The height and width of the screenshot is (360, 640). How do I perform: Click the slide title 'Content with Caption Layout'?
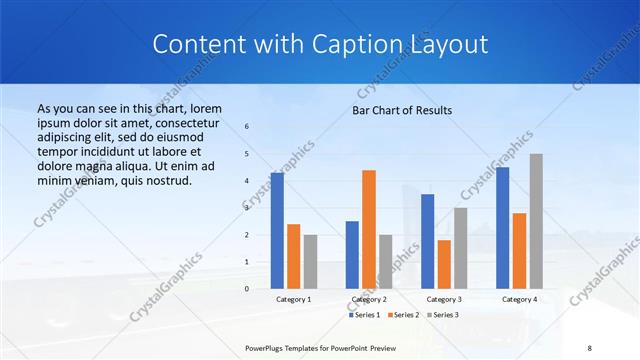[x=320, y=45]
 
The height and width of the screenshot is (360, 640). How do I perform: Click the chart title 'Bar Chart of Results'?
[x=402, y=110]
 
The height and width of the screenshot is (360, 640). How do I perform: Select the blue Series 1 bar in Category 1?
[x=277, y=231]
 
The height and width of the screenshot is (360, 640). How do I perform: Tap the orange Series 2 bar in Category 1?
[x=293, y=256]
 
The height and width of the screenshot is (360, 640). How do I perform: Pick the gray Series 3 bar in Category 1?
[x=310, y=262]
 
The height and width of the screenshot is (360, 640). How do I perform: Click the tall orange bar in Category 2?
[x=369, y=229]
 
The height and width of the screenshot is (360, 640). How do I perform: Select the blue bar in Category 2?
[x=352, y=255]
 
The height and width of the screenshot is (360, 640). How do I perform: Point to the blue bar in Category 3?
[x=428, y=241]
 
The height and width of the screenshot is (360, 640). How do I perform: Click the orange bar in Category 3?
[x=444, y=264]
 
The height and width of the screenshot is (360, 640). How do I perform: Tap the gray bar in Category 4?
[x=536, y=221]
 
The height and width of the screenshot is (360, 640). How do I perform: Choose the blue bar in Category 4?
[x=503, y=228]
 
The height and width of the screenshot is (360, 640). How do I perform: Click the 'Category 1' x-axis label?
[x=293, y=299]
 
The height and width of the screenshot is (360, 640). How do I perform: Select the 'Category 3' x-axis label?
[x=444, y=299]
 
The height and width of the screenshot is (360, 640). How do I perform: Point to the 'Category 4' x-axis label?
[x=519, y=299]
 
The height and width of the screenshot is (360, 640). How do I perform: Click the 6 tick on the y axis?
[x=247, y=127]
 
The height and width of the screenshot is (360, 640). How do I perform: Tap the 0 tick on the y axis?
[x=247, y=289]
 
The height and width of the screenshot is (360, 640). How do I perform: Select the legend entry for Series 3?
[x=442, y=315]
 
